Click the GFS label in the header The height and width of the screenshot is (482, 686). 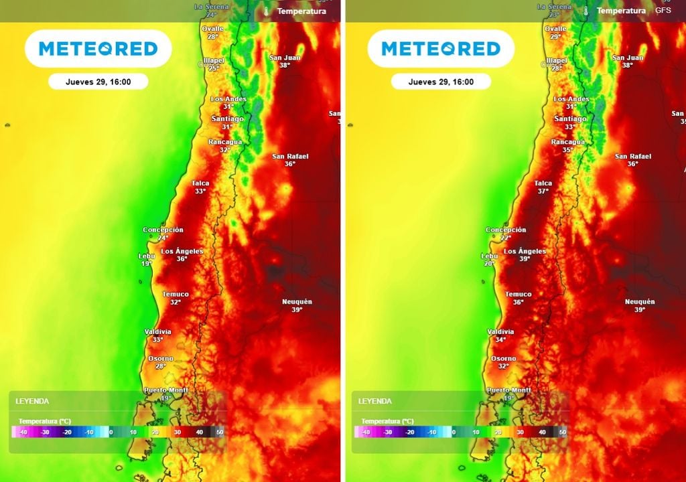click(x=663, y=11)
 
